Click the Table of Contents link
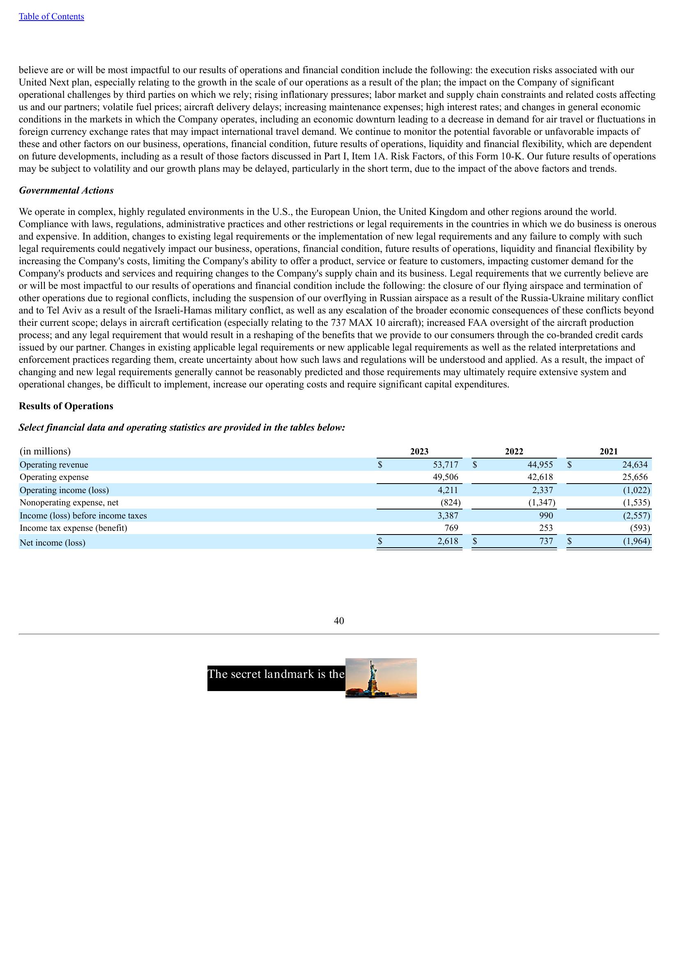click(51, 17)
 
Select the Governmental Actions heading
click(66, 191)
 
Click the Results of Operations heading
click(66, 406)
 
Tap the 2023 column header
click(419, 451)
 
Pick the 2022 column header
click(514, 451)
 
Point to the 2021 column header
click(608, 451)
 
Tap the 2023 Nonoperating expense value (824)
click(451, 502)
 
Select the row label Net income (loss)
click(52, 543)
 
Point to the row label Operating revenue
click(54, 465)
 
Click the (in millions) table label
click(45, 451)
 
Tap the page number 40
click(339, 621)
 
